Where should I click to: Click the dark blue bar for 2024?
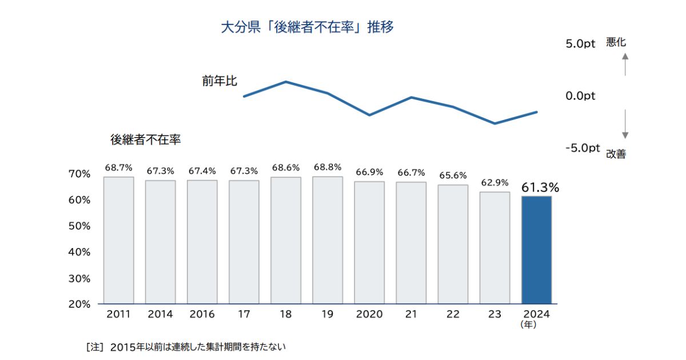click(x=536, y=250)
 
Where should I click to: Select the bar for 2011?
click(x=118, y=240)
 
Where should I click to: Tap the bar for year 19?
click(x=328, y=240)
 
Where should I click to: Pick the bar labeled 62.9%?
click(x=494, y=247)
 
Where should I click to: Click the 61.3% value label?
click(x=540, y=186)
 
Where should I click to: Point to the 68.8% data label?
click(x=328, y=167)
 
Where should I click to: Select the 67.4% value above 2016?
click(x=202, y=170)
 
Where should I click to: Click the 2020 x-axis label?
click(x=369, y=314)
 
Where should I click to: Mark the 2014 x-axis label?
click(x=160, y=314)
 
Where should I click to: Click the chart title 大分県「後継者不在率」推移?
click(x=308, y=27)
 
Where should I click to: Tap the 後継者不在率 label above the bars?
click(x=145, y=139)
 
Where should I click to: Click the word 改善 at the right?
click(x=616, y=154)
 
